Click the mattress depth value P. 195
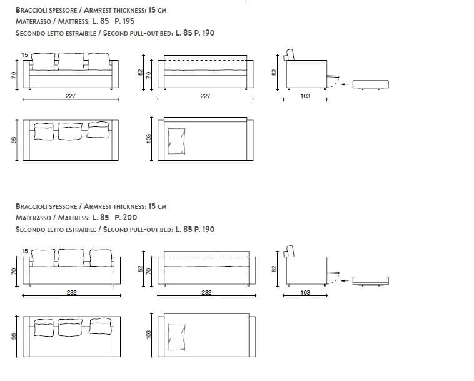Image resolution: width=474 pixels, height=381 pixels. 124,21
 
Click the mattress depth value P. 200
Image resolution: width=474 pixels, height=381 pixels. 126,218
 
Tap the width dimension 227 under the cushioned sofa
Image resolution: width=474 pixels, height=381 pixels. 71,96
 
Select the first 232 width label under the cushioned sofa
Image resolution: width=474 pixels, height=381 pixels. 72,292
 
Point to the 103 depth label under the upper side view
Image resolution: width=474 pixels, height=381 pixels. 305,96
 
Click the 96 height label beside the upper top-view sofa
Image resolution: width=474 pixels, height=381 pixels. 14,140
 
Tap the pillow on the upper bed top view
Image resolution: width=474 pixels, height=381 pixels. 176,141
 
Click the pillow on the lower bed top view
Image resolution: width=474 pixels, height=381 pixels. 176,337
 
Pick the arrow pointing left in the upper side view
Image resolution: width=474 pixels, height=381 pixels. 345,84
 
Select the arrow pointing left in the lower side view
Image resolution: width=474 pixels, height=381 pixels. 345,281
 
